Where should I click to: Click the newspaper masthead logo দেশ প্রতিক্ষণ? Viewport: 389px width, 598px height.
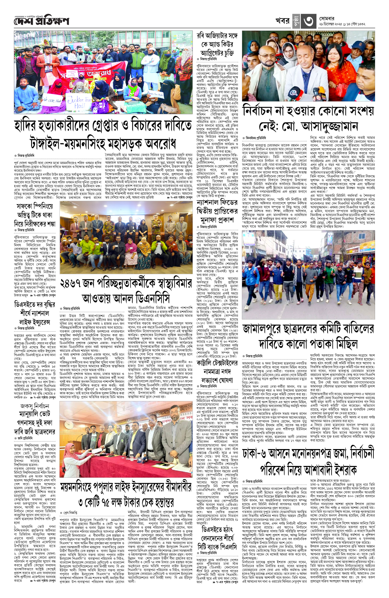[41, 21]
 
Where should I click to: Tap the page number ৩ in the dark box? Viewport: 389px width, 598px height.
[308, 21]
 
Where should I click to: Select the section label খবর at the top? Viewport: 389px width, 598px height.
[282, 21]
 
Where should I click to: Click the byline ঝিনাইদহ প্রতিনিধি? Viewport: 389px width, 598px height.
[256, 138]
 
